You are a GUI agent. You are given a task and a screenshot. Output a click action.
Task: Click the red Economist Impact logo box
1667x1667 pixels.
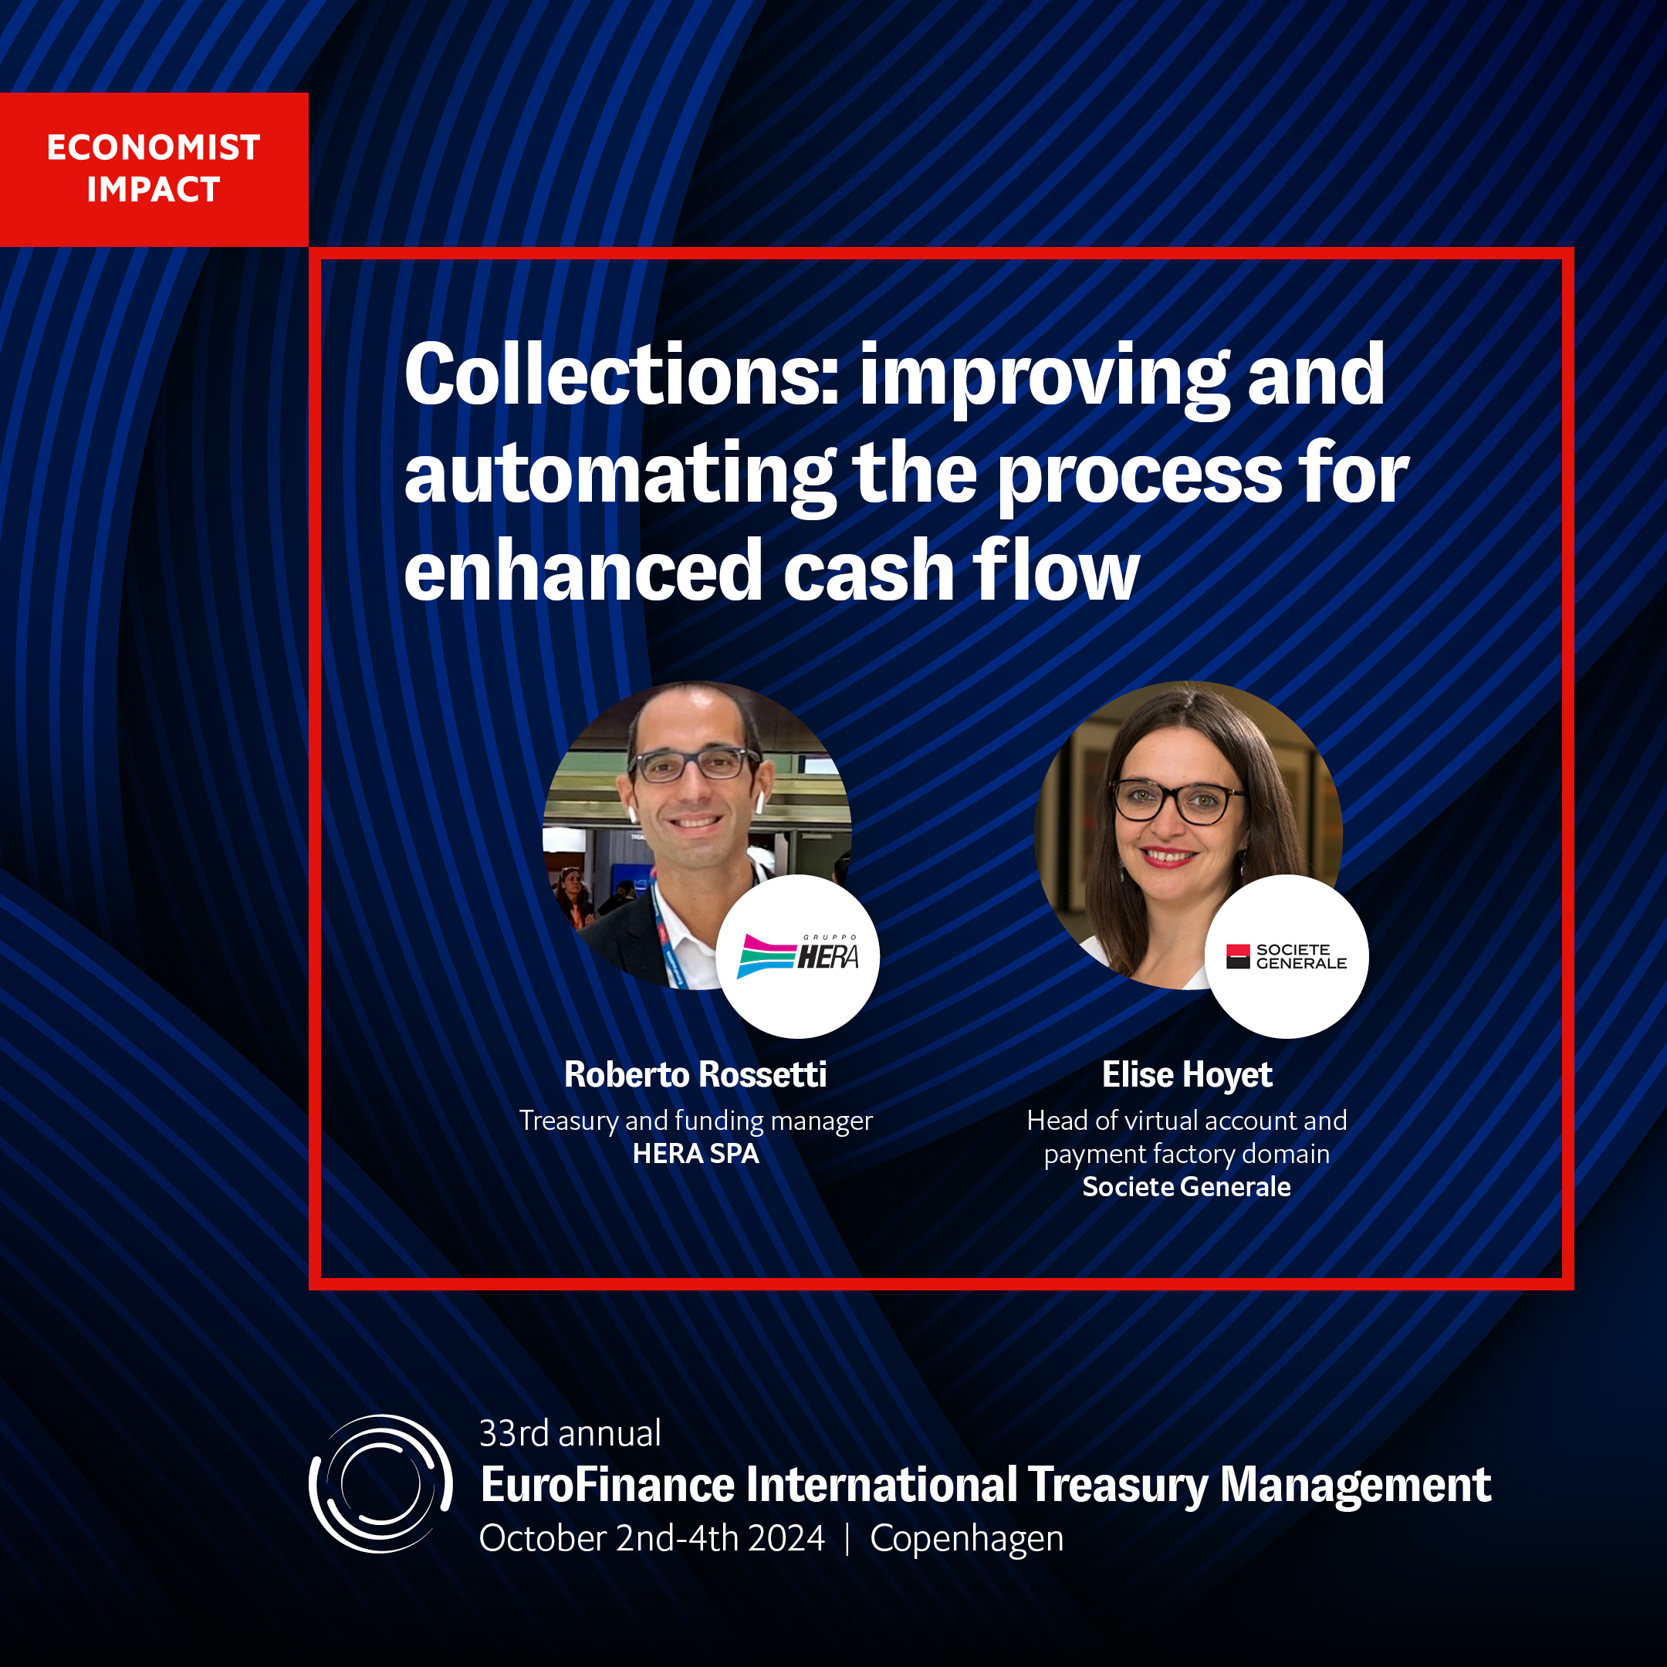[154, 169]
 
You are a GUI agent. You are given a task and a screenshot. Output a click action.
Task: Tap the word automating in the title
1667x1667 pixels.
[620, 475]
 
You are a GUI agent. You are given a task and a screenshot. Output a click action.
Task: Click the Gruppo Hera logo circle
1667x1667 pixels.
[798, 956]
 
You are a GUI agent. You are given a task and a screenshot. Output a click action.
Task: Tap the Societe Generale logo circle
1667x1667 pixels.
[1287, 956]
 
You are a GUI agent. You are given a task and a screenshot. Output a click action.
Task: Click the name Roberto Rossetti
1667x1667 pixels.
[695, 1074]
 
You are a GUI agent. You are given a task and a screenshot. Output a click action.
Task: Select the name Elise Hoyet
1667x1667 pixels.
[1186, 1075]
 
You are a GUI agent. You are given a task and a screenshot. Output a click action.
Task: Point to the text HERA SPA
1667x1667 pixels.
[695, 1154]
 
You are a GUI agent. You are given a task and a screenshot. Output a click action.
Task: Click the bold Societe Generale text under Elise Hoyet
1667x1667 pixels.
[1186, 1186]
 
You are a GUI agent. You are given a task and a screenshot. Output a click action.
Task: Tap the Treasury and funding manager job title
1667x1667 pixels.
[695, 1120]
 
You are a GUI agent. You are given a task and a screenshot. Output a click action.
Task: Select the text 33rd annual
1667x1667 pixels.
[570, 1433]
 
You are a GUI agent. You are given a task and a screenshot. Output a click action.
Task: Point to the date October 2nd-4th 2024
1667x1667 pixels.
[652, 1538]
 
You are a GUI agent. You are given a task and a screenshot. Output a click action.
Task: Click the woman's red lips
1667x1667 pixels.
[1168, 857]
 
